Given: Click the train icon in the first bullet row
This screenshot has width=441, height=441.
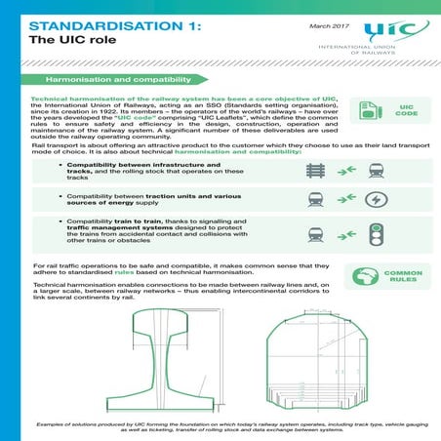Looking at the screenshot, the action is [x=376, y=170].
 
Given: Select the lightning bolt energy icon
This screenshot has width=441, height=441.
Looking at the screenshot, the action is [x=376, y=200].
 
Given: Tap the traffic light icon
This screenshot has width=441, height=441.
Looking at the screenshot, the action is [x=376, y=234].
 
